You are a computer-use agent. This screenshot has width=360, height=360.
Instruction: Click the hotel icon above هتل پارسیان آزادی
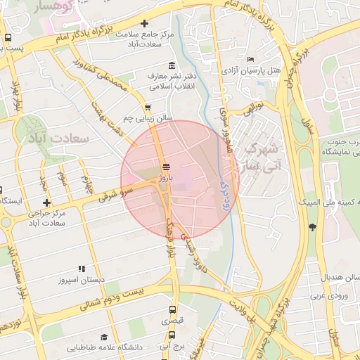[252, 59]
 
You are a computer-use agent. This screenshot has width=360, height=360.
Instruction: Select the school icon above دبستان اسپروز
[82, 268]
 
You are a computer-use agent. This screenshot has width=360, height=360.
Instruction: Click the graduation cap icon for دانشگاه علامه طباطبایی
[105, 337]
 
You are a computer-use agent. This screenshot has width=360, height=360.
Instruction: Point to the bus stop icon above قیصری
[173, 309]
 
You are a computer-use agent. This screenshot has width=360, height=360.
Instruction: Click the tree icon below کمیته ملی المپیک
[312, 226]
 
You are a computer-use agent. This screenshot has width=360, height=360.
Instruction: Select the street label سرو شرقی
[113, 193]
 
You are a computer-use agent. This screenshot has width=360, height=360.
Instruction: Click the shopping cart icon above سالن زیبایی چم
[147, 108]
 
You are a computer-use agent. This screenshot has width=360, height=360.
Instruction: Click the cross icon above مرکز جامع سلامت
[145, 23]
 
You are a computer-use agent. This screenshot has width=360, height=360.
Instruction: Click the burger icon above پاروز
[166, 167]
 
